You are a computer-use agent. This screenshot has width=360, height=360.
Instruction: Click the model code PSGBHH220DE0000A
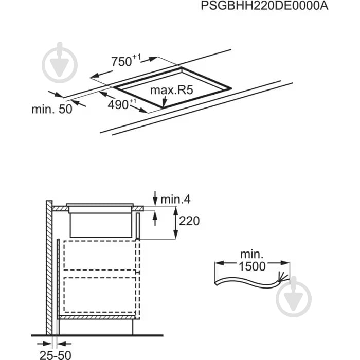(263, 7)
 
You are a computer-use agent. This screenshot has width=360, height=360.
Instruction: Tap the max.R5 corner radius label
(171, 91)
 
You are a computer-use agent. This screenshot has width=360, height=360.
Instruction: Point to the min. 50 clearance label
(52, 110)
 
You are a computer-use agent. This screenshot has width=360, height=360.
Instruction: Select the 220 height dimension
(188, 221)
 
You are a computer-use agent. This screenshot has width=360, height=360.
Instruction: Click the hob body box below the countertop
(100, 224)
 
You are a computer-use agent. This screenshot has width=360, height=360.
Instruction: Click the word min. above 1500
(251, 254)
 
